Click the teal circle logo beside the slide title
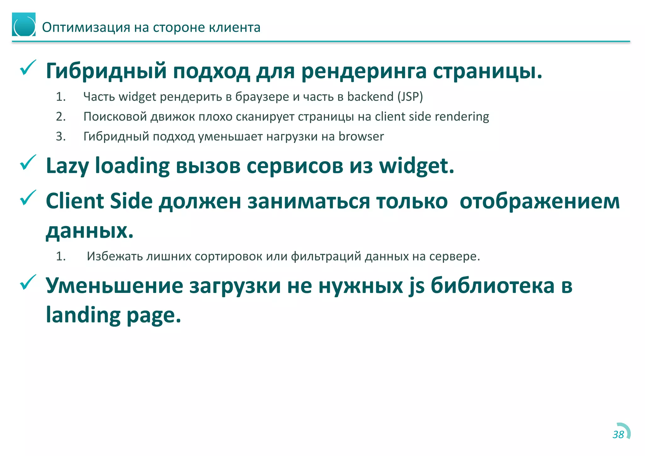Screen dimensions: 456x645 point(24,25)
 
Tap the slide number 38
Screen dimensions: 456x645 point(618,435)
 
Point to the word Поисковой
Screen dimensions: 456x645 point(115,117)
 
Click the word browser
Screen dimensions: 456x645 point(361,137)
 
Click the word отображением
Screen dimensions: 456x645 point(539,201)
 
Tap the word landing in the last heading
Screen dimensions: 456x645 point(83,315)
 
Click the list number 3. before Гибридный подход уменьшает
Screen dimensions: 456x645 point(61,137)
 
